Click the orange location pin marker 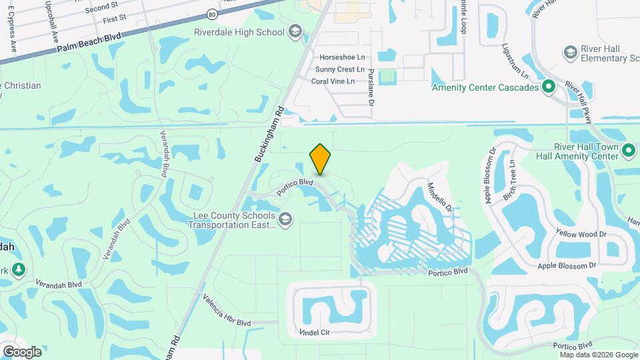321,159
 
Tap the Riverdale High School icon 295,32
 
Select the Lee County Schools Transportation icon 285,219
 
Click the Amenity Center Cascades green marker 548,87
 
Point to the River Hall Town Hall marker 628,151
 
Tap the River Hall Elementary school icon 570,53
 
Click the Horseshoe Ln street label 342,57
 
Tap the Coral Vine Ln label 337,81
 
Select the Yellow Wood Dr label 581,233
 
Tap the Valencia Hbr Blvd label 227,313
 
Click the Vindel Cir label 315,332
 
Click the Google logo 22,351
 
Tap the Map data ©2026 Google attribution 598,355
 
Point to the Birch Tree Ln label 509,179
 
